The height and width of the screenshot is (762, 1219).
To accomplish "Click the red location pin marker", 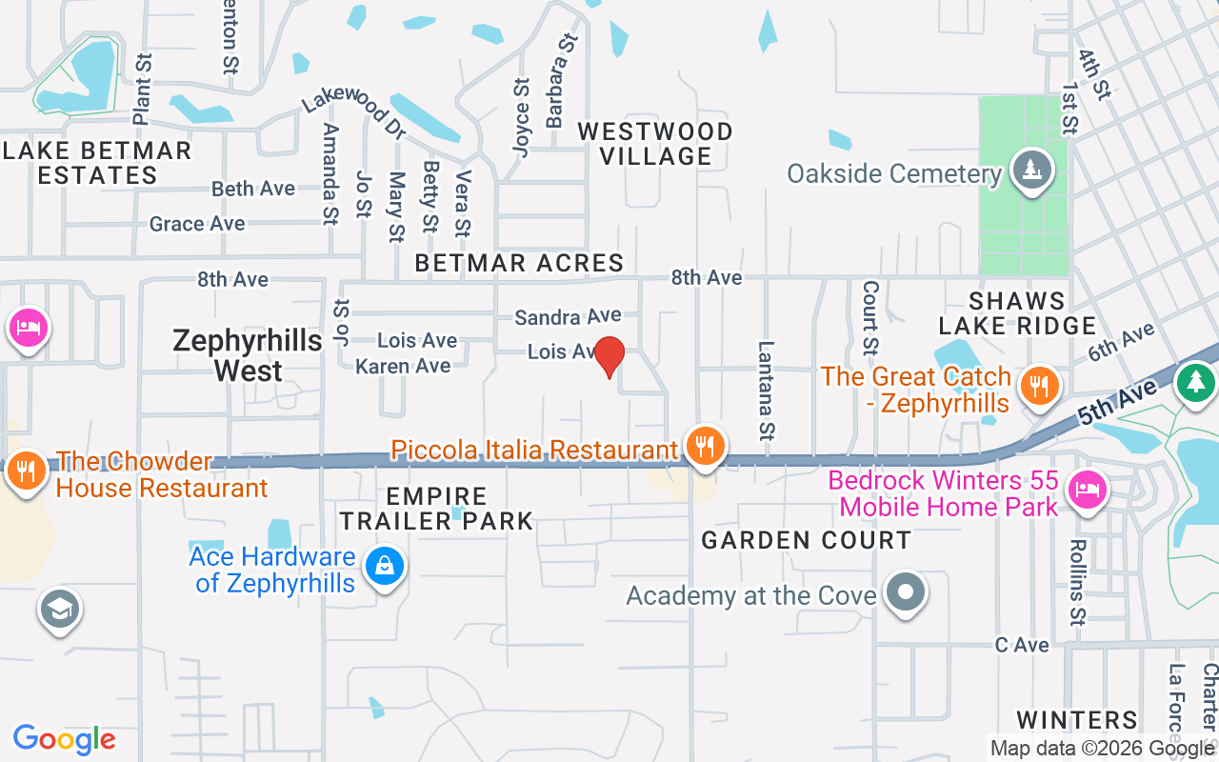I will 609,356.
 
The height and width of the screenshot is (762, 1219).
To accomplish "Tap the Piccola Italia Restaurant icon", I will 705,445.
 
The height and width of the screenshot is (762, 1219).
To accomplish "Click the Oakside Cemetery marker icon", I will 1031,170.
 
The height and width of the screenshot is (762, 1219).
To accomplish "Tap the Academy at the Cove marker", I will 906,592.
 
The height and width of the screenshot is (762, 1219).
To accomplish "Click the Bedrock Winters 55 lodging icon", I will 1085,491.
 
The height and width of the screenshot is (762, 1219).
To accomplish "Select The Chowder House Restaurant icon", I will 26,471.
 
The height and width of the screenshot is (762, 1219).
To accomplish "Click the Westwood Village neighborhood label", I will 656,144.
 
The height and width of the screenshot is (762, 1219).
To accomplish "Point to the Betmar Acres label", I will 520,263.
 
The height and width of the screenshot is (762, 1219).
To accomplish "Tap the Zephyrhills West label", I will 235,355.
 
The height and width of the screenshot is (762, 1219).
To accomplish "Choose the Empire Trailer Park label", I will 437,509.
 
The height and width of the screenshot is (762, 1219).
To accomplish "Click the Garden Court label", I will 807,540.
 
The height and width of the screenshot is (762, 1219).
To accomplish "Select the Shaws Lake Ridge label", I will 1017,313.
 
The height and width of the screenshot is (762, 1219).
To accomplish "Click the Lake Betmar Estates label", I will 96,163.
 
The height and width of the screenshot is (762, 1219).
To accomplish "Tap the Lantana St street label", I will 765,391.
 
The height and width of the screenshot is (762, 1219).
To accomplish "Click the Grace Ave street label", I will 197,224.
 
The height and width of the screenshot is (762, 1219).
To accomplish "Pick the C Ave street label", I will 1022,645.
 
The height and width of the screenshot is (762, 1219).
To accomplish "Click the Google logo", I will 64,739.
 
